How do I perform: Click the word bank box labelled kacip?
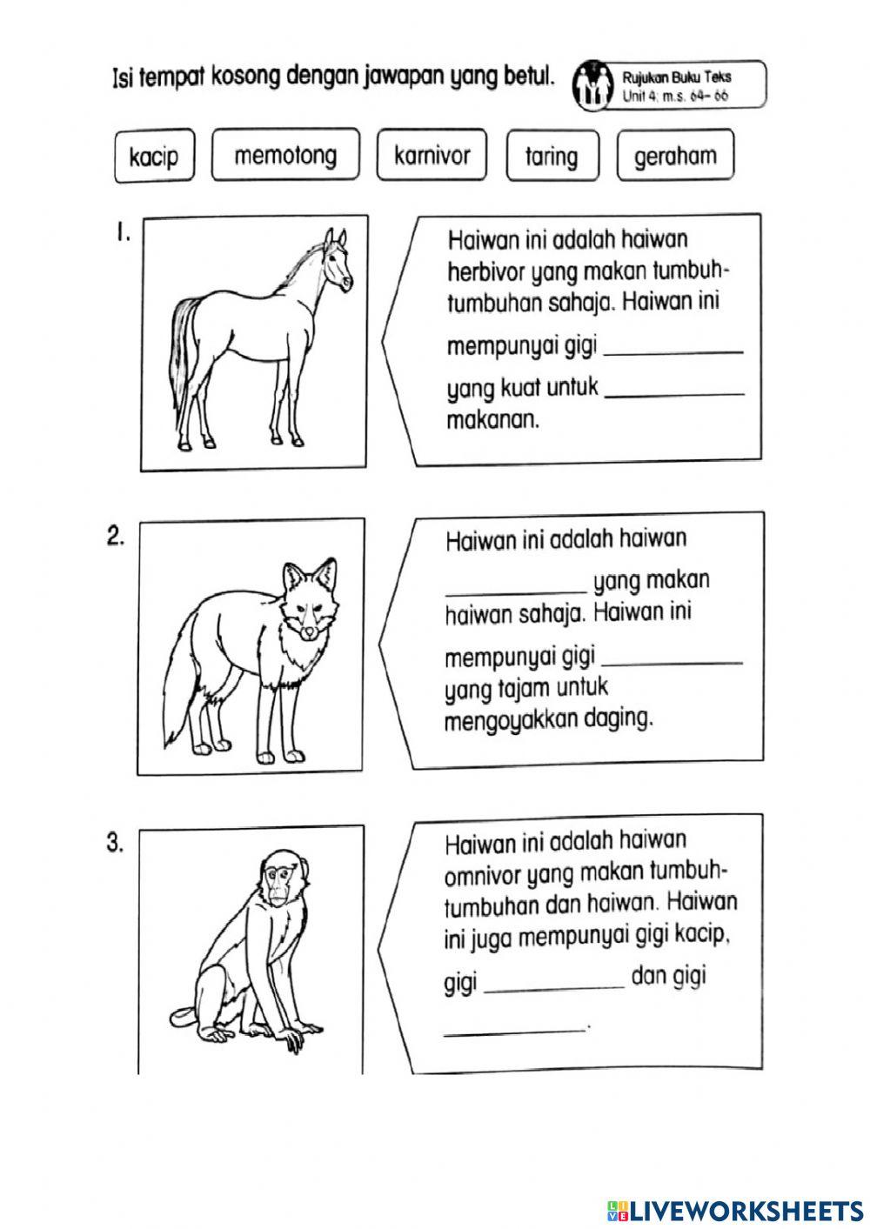[x=153, y=157]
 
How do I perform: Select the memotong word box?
[x=284, y=156]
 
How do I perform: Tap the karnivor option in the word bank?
[x=432, y=156]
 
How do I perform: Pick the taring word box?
[x=551, y=157]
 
